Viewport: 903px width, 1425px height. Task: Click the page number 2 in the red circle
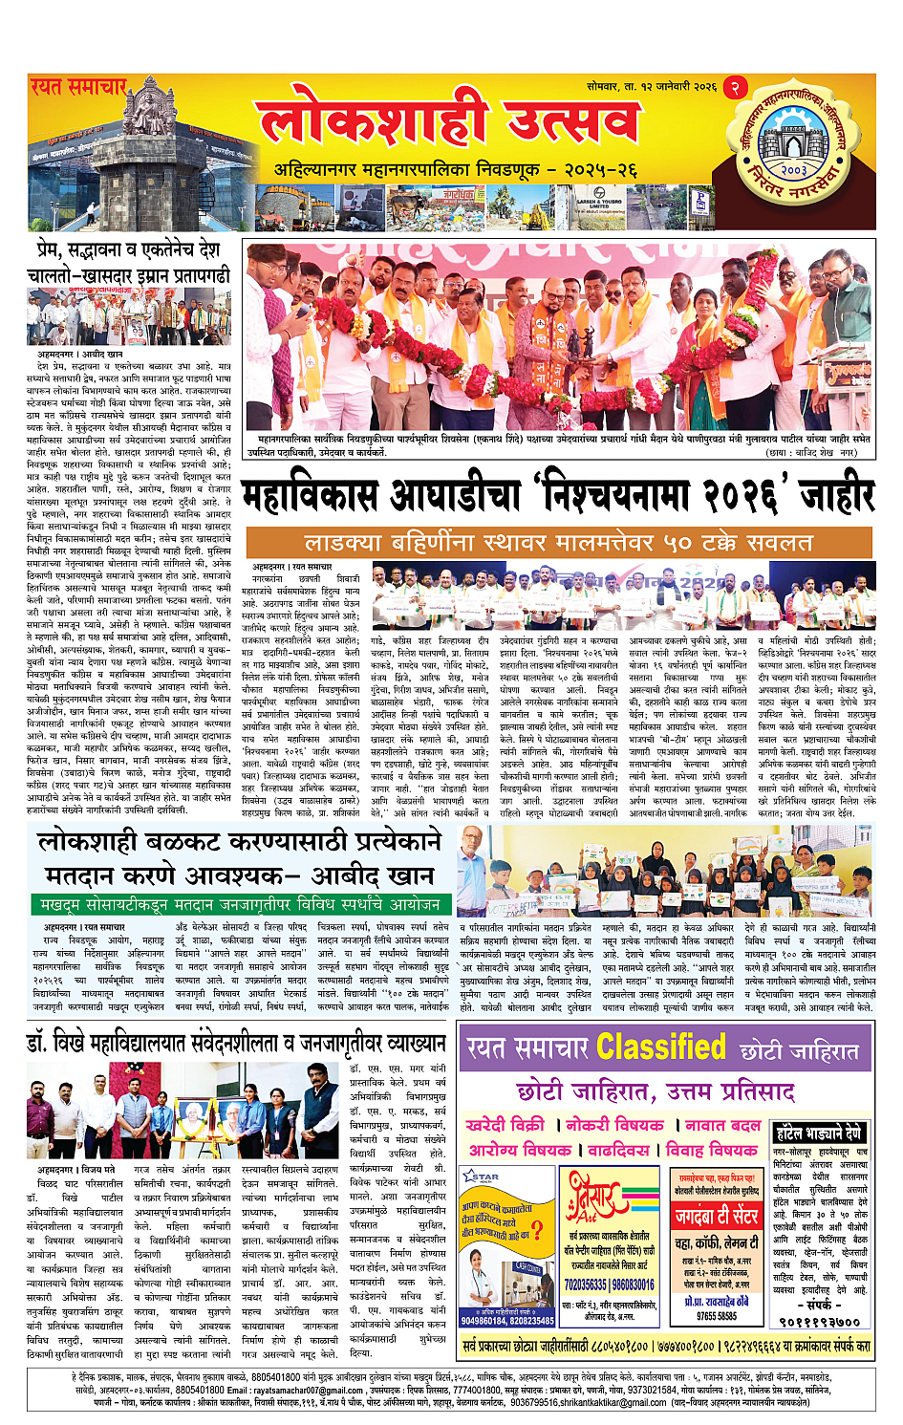pyautogui.click(x=735, y=87)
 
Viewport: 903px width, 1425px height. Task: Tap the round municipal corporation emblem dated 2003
pyautogui.click(x=792, y=148)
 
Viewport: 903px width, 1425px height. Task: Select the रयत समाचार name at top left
pyautogui.click(x=78, y=87)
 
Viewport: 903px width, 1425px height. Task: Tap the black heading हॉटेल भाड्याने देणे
pyautogui.click(x=820, y=1134)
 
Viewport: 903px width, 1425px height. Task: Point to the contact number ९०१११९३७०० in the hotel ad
pyautogui.click(x=820, y=1323)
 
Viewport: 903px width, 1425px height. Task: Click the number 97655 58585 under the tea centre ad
pyautogui.click(x=716, y=1316)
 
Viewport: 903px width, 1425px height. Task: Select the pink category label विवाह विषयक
pyautogui.click(x=708, y=1150)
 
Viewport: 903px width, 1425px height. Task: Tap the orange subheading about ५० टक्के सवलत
pyautogui.click(x=558, y=542)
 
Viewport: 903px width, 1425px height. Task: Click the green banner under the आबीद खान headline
pyautogui.click(x=240, y=904)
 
